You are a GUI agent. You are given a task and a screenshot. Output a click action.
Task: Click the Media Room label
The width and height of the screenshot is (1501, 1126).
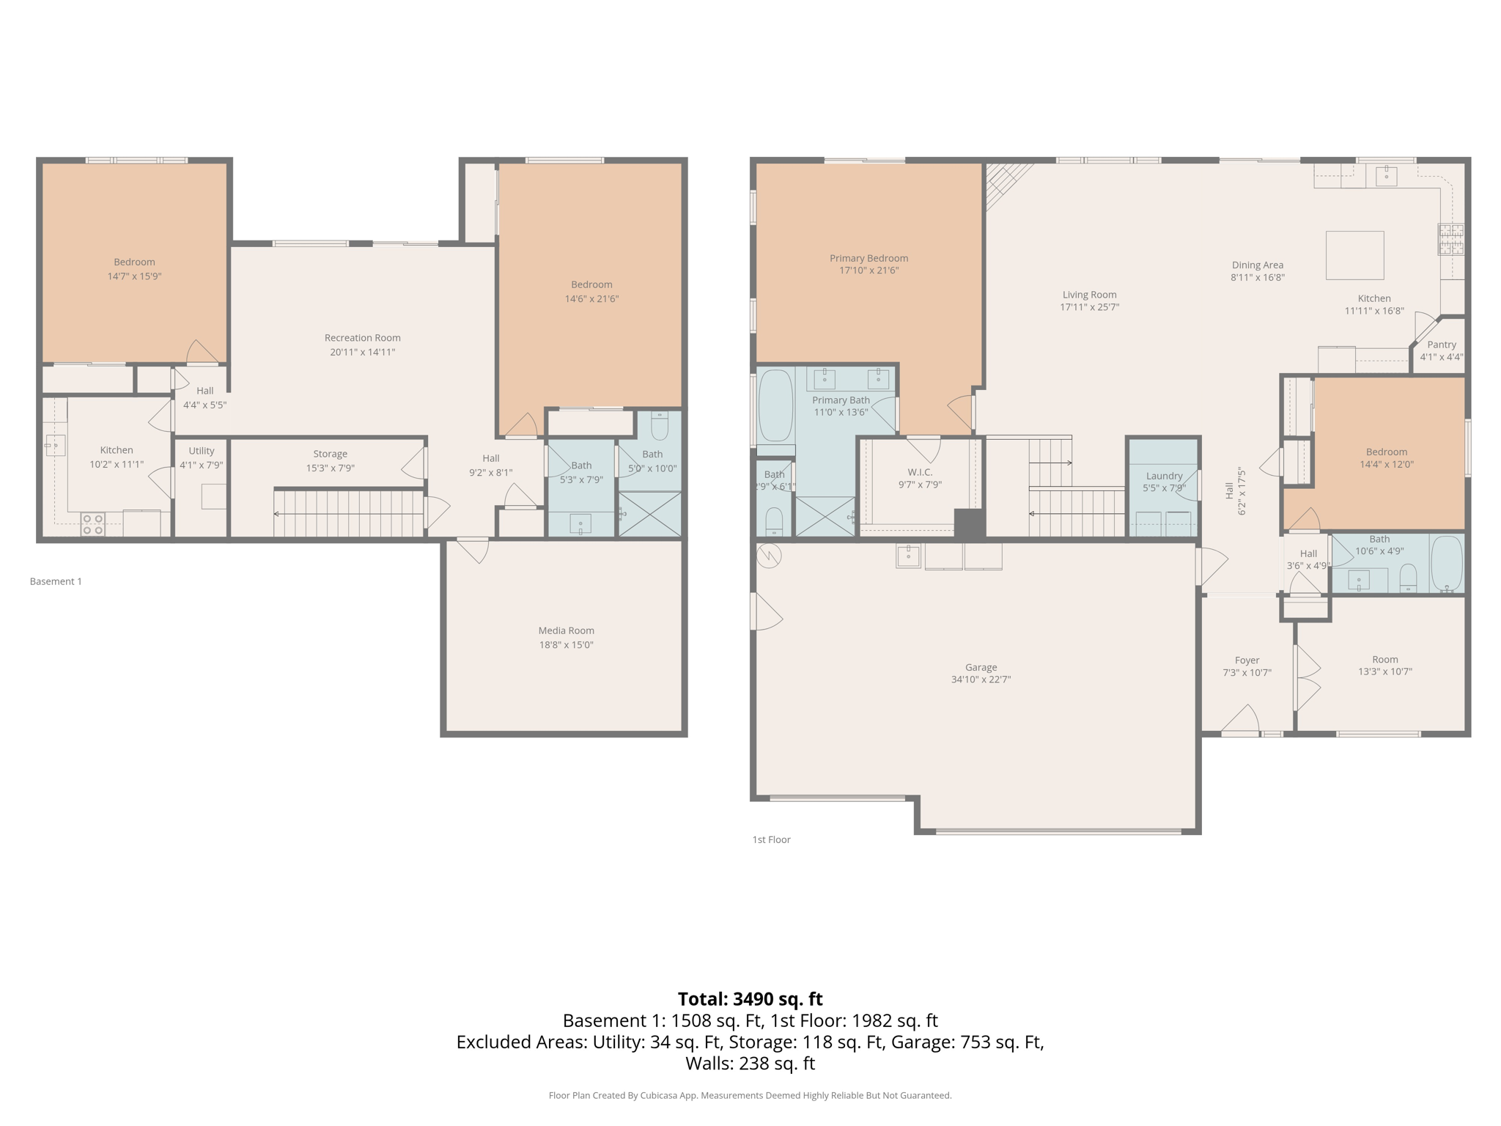(x=566, y=630)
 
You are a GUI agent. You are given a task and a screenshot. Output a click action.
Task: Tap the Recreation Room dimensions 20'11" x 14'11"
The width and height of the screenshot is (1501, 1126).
(x=362, y=352)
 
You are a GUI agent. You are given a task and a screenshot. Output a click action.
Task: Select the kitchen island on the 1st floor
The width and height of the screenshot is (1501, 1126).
(x=1354, y=255)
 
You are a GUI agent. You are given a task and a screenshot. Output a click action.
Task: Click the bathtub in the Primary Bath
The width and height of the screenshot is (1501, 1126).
(x=775, y=405)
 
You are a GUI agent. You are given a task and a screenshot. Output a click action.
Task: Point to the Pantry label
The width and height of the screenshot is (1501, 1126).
(x=1441, y=345)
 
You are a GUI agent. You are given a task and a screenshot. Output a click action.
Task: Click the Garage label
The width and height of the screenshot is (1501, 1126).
(x=981, y=667)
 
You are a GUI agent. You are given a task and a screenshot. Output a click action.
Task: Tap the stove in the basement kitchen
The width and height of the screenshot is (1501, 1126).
(x=92, y=523)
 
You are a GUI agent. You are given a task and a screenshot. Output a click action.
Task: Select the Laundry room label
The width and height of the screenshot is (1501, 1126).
(x=1164, y=476)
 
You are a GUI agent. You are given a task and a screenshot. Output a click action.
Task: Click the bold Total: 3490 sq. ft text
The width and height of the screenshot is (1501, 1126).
(x=750, y=999)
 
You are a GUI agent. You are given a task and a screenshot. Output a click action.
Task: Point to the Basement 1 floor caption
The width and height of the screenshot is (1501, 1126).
(x=56, y=581)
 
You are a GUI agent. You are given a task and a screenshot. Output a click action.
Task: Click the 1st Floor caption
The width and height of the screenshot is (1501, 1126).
(x=771, y=839)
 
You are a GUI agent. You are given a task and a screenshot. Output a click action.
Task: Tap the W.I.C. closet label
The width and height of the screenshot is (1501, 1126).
(x=920, y=472)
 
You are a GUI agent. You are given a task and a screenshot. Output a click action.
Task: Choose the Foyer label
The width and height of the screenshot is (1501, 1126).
(x=1247, y=660)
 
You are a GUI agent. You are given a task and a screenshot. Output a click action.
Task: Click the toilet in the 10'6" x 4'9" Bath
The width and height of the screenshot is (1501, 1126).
(x=1408, y=578)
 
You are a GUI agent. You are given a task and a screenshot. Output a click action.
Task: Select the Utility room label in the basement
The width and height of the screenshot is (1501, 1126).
(x=202, y=451)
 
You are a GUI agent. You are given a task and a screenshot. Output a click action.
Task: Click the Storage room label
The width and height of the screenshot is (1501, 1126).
(x=330, y=454)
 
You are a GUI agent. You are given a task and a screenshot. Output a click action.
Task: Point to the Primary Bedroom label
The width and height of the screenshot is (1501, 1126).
(x=868, y=258)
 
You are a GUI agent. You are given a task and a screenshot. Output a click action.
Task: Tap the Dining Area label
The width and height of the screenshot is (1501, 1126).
(x=1257, y=265)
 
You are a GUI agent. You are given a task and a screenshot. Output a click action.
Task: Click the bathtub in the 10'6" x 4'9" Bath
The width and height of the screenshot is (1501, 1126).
(x=1446, y=563)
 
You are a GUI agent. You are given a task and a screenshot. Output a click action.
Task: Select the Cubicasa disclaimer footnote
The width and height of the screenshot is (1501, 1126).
(x=750, y=1095)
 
